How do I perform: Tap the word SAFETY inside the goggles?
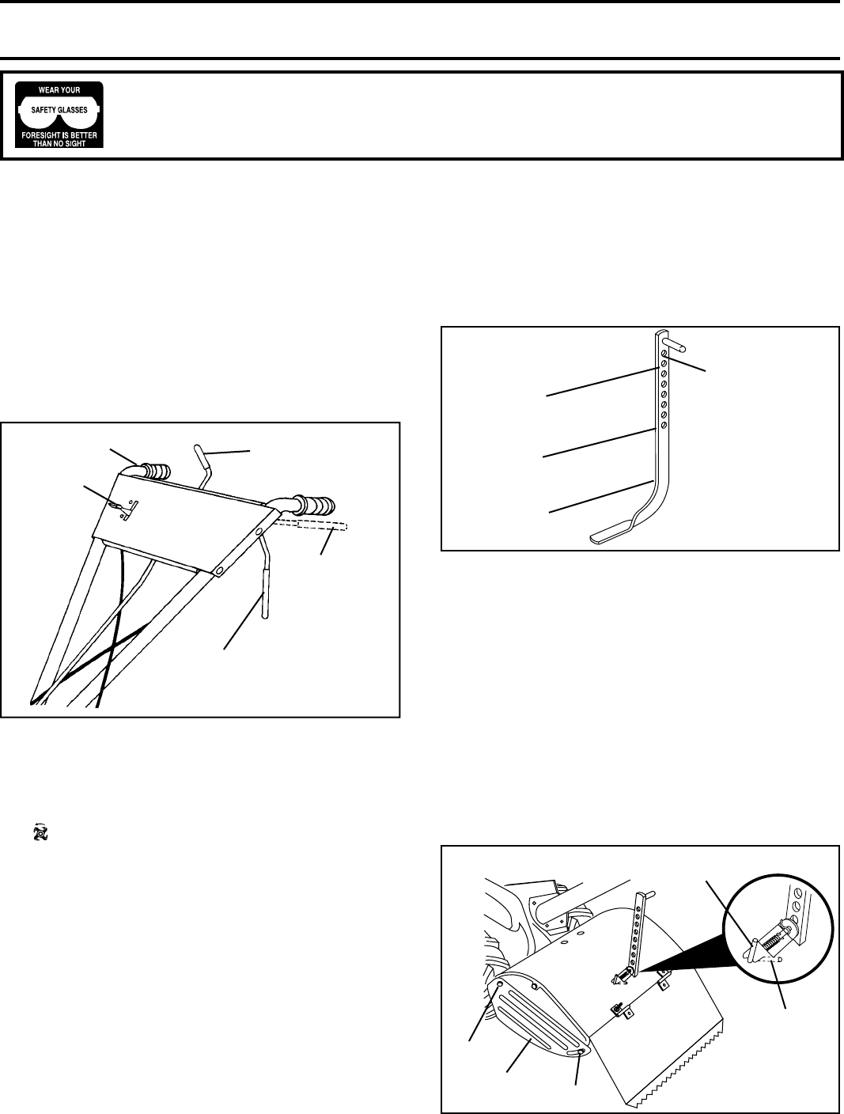tap(43, 110)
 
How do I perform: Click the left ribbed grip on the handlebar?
tap(155, 471)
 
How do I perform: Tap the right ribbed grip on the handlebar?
tap(317, 506)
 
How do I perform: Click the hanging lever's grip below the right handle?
tap(265, 594)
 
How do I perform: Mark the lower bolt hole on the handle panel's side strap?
tap(219, 570)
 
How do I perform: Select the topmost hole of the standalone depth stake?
tap(664, 352)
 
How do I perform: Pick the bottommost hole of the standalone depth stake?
tap(664, 424)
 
